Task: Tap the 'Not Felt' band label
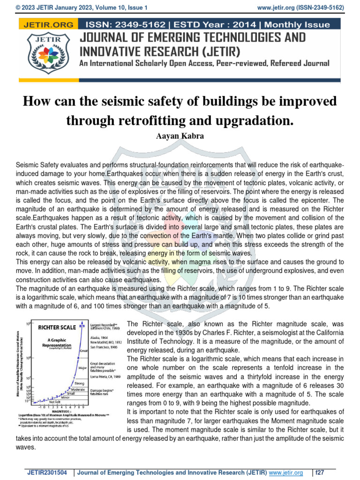[x=55, y=402]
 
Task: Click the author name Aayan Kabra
[x=180, y=136]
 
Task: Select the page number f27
[x=321, y=472]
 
